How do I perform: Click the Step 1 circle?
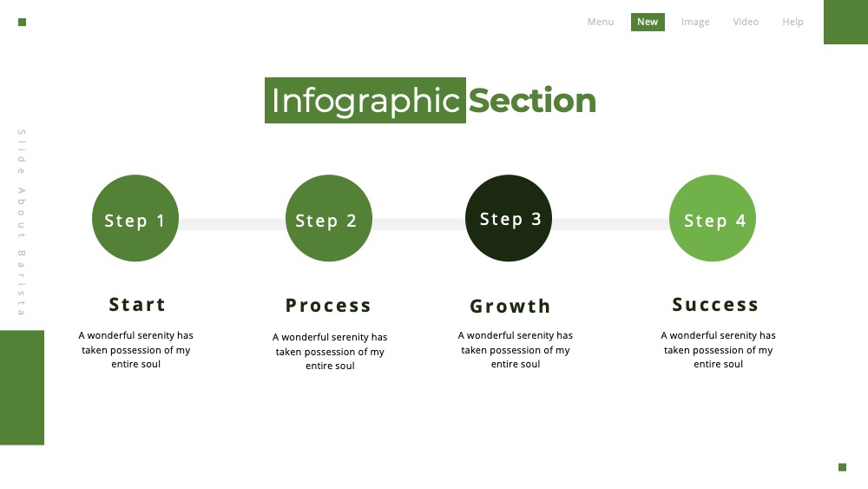[135, 218]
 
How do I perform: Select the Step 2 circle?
[329, 218]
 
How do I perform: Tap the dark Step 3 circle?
[509, 218]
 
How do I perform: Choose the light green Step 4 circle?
[713, 218]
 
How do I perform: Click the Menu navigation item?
[601, 23]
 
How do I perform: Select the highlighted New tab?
[648, 23]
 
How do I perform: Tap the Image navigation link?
[695, 23]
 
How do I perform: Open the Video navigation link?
[746, 23]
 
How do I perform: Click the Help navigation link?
[792, 23]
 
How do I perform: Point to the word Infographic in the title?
[365, 101]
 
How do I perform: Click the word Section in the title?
[533, 101]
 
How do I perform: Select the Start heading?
[137, 305]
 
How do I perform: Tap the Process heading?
[328, 306]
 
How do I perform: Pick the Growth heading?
[510, 307]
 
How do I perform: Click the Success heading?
[715, 305]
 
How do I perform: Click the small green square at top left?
[23, 23]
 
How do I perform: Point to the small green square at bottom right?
[843, 467]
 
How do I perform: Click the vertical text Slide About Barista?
[22, 222]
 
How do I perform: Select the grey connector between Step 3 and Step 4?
[610, 224]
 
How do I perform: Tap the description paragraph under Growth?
[516, 349]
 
